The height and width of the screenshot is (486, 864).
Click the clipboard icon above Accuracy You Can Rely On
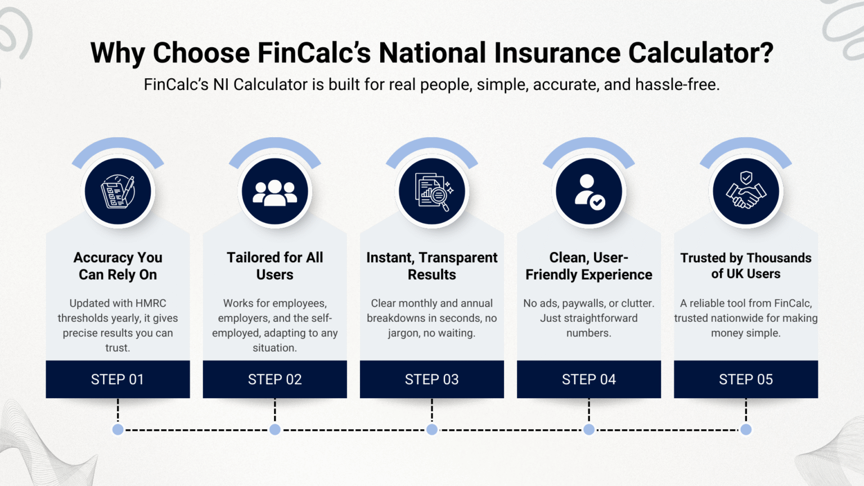pyautogui.click(x=118, y=192)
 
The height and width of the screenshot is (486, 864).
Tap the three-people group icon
pyautogui.click(x=274, y=192)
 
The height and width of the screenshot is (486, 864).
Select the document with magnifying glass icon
pyautogui.click(x=432, y=192)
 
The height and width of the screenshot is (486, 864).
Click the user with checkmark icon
pyautogui.click(x=589, y=192)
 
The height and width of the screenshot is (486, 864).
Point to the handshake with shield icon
pyautogui.click(x=746, y=192)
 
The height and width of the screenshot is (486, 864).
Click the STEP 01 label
pyautogui.click(x=118, y=380)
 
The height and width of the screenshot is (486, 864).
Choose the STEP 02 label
pyautogui.click(x=274, y=380)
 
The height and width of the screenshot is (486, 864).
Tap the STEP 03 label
pyautogui.click(x=432, y=380)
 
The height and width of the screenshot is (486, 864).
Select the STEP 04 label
pyautogui.click(x=589, y=380)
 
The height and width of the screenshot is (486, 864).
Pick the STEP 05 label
pyautogui.click(x=746, y=380)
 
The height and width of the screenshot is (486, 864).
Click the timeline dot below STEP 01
pyautogui.click(x=118, y=430)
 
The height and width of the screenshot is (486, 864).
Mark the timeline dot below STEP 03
pyautogui.click(x=432, y=430)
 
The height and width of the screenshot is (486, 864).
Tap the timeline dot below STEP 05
pyautogui.click(x=746, y=430)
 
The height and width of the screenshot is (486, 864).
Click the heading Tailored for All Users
pyautogui.click(x=274, y=266)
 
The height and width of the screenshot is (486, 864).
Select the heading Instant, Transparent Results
pyautogui.click(x=432, y=266)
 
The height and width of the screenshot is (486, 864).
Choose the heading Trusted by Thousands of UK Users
pyautogui.click(x=746, y=266)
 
